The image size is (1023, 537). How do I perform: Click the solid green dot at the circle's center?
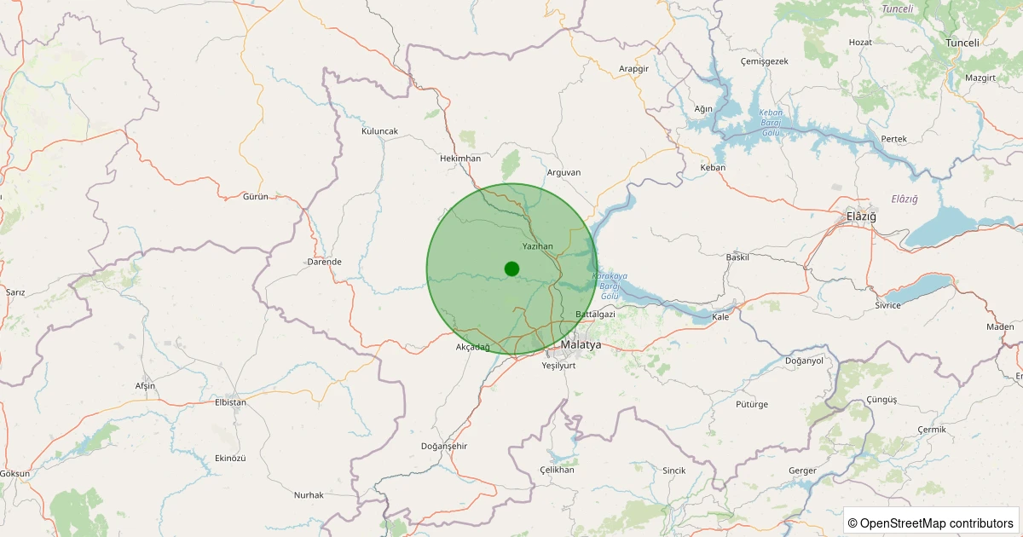coord(511,268)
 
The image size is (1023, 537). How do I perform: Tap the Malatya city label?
coord(581,344)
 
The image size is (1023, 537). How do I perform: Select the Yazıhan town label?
coord(538,246)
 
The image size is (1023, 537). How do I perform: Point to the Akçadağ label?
coord(473,347)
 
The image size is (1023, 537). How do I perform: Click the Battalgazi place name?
coord(595,315)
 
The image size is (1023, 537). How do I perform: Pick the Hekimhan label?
coord(460,159)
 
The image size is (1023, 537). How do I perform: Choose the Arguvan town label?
coord(564,172)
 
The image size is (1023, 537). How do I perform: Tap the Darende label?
coord(324,262)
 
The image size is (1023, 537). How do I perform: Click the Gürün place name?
coord(256,197)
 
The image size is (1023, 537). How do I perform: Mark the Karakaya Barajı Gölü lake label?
coord(609,286)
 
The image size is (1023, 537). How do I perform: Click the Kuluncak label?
coord(379,131)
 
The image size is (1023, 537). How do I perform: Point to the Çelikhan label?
coord(558,471)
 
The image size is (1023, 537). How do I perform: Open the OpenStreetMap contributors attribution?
coord(930,523)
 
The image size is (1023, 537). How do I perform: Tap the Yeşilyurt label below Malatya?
coord(559,365)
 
